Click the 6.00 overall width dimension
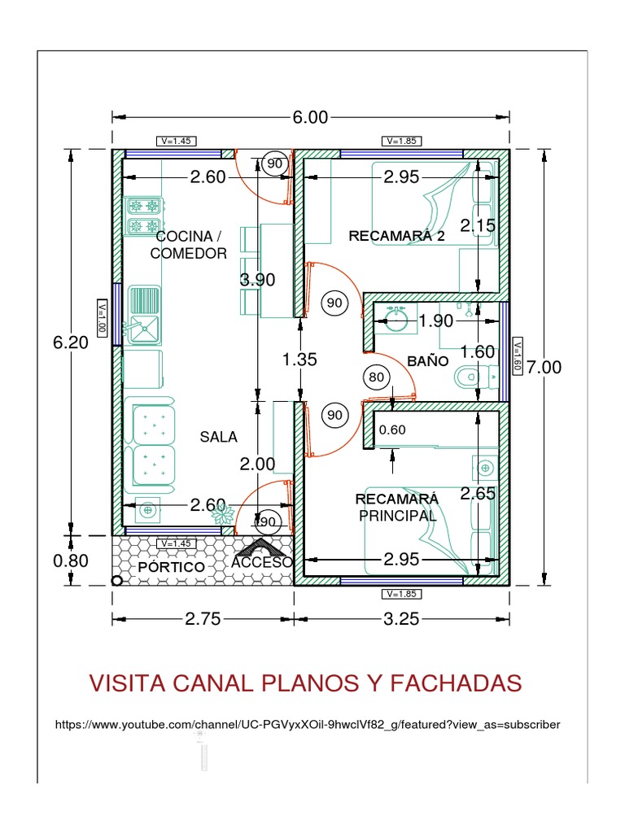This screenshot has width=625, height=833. [x=310, y=117]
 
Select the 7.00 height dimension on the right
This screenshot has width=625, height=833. [x=543, y=368]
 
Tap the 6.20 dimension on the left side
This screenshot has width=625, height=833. [x=71, y=343]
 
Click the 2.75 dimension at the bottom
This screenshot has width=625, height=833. [x=203, y=619]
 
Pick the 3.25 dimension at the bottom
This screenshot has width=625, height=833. [x=400, y=619]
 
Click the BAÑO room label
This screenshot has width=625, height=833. [x=428, y=360]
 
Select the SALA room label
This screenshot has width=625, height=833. [x=219, y=437]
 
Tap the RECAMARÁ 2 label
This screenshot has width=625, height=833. [x=397, y=237]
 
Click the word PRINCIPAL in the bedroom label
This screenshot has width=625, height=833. [x=398, y=516]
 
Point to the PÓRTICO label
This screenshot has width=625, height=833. [x=170, y=565]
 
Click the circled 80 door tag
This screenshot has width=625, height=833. [x=376, y=377]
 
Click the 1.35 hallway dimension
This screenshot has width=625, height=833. [x=299, y=360]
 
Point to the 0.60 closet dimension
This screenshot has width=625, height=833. [x=392, y=430]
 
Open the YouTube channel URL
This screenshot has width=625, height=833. [x=308, y=724]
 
